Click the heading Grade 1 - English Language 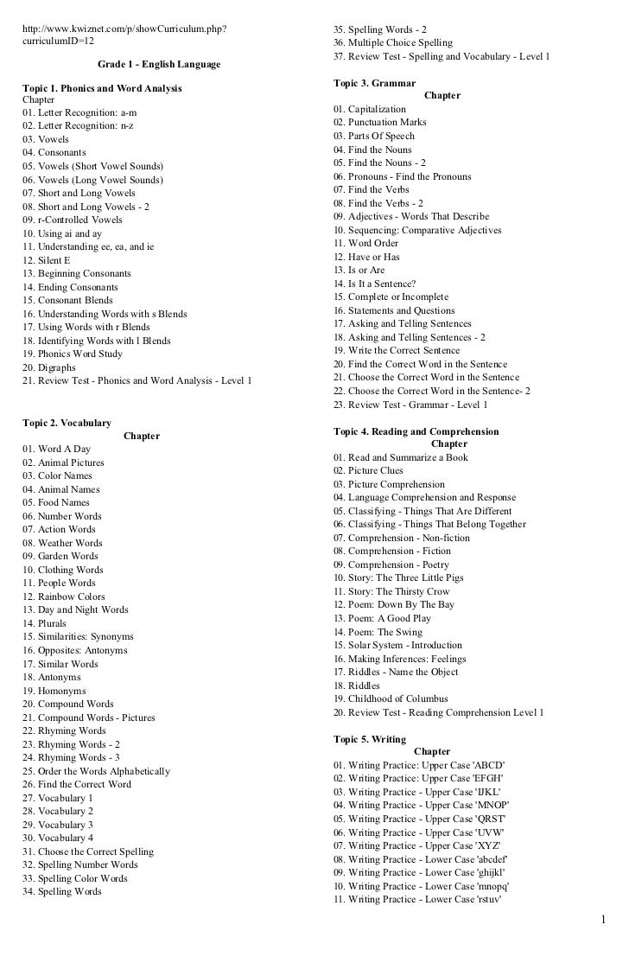click(158, 65)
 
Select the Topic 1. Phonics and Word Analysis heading click(102, 89)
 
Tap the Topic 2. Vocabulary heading click(67, 423)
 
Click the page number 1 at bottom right click(604, 937)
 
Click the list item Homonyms click(54, 691)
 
